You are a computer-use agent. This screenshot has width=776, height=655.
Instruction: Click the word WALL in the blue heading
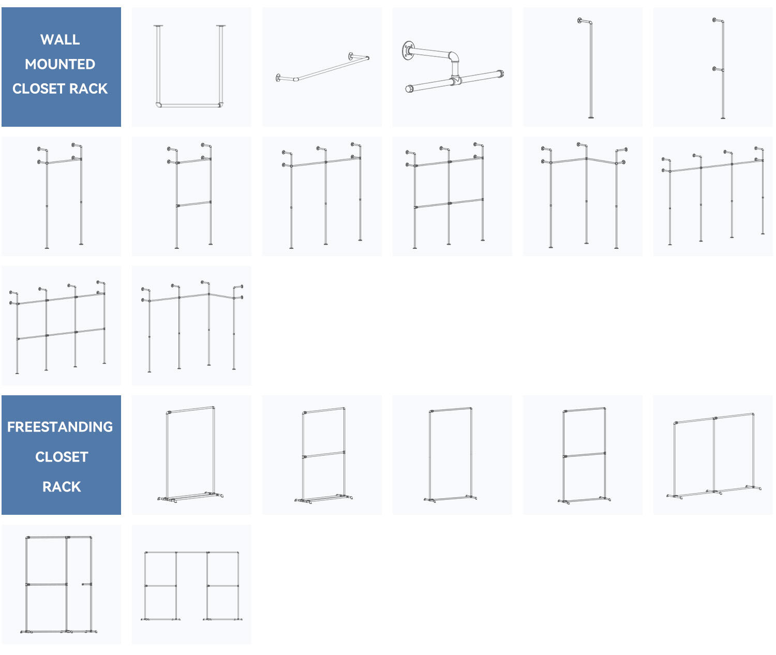[60, 39]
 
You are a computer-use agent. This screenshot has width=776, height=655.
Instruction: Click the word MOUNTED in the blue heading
[60, 64]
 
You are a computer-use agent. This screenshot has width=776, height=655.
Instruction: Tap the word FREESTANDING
[60, 427]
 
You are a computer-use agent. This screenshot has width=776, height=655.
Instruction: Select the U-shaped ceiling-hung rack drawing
[189, 106]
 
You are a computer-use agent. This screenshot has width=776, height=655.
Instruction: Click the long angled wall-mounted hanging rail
[333, 68]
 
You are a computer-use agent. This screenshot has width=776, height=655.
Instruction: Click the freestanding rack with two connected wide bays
[713, 457]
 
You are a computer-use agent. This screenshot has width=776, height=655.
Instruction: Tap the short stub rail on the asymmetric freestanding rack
[86, 584]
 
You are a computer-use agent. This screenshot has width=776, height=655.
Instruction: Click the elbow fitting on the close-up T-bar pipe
[453, 56]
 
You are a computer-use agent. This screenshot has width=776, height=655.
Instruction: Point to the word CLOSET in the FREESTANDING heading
[62, 457]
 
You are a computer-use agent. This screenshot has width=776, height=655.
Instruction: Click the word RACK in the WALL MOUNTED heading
[88, 88]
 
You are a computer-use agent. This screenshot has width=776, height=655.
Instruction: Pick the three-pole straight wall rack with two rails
[449, 197]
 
